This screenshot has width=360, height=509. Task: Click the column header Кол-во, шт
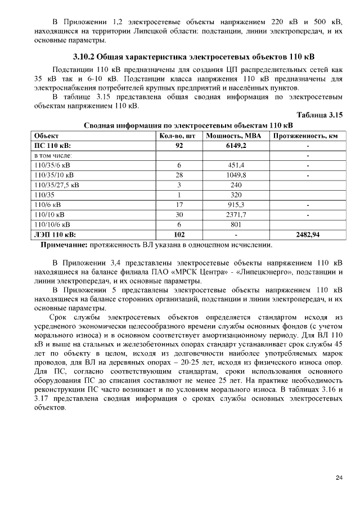tap(178, 136)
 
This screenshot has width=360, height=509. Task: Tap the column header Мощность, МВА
tap(236, 136)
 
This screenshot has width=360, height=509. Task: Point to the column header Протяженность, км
tap(307, 136)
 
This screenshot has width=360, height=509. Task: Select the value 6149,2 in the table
tap(236, 145)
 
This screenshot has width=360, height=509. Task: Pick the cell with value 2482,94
tap(307, 235)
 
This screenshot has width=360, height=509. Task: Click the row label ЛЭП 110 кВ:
tap(55, 235)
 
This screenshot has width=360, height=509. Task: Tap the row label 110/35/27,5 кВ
tap(57, 184)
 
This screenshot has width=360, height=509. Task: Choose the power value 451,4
tap(236, 165)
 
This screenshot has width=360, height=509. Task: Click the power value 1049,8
tap(236, 175)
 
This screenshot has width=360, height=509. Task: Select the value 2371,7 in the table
tap(236, 214)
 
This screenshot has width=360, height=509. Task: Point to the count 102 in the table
tap(178, 235)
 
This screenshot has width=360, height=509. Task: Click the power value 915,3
tap(236, 204)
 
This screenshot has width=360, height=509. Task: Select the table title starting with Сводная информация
tap(188, 125)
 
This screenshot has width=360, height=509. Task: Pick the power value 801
tap(236, 224)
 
